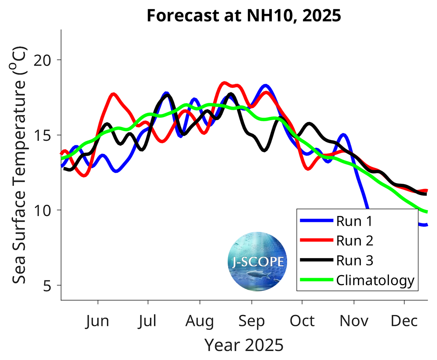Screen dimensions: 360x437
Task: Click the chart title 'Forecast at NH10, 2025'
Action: (243, 16)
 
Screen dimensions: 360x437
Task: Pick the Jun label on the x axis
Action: (97, 322)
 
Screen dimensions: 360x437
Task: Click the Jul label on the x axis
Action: (148, 322)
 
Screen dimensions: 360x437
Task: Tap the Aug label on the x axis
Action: (200, 322)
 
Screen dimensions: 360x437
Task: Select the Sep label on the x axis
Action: (251, 322)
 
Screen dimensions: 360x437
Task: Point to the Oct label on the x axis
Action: (302, 322)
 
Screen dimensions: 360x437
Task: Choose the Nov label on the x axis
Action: (354, 322)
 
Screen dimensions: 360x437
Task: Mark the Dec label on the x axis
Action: (404, 322)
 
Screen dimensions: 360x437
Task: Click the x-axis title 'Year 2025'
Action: (244, 345)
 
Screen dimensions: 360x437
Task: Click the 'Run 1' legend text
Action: (354, 221)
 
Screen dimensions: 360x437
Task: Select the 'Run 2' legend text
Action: (354, 241)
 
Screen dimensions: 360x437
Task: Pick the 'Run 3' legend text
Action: (354, 260)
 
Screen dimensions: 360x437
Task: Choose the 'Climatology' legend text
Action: (375, 280)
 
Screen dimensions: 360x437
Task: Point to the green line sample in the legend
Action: (316, 280)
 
